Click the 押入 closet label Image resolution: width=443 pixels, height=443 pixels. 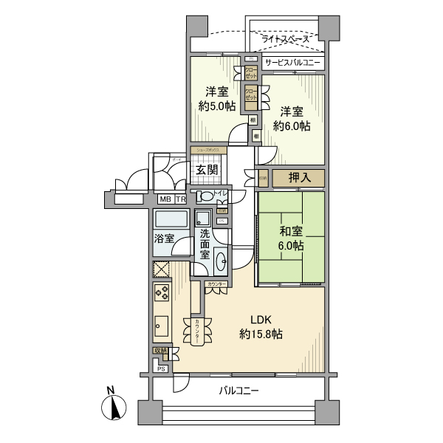pos(298,178)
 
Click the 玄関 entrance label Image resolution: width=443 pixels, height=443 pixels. pos(206,170)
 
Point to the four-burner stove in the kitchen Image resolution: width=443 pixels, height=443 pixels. pos(162,293)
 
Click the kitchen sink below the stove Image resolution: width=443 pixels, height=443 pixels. pos(162,324)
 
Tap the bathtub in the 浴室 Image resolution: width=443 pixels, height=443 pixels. pos(171,221)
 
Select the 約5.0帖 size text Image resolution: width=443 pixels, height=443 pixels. pos(216,106)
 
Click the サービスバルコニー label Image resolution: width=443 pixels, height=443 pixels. pos(292,63)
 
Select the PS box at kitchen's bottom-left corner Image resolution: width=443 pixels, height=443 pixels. pos(160,368)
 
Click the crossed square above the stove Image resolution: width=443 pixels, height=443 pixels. pos(162,269)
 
